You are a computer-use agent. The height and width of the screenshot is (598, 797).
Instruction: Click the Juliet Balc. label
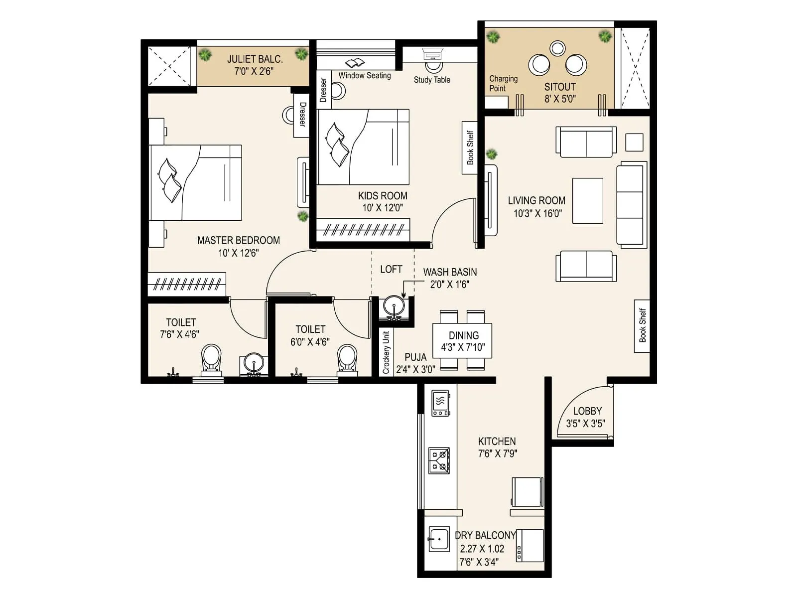[x=255, y=59]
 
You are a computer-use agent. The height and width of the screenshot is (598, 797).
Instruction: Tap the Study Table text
[x=432, y=80]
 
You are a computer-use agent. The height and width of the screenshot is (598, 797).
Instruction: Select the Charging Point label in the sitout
[x=503, y=83]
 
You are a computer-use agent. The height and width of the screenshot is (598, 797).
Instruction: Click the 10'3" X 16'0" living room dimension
[x=537, y=213]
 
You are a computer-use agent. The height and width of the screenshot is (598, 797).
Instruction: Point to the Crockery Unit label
[x=386, y=352]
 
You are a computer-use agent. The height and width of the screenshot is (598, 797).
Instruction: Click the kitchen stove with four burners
[x=439, y=460]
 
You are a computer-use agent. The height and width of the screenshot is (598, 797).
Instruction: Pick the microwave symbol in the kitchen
[x=440, y=403]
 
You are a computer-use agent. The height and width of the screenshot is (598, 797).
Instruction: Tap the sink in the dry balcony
[x=439, y=539]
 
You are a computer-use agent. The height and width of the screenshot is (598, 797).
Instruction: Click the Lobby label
[x=587, y=411]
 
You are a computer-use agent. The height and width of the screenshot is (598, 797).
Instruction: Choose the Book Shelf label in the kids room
[x=470, y=148]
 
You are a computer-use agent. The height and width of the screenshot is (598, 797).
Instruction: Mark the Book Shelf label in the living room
[x=642, y=325]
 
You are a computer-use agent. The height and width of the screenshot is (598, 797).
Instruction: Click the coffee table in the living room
[x=587, y=200]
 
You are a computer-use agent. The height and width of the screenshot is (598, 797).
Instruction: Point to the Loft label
[x=391, y=270]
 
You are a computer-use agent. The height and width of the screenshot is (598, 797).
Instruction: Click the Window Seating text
[x=365, y=75]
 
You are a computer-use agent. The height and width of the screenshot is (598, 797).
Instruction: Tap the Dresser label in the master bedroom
[x=302, y=115]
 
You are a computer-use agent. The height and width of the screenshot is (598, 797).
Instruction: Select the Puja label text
[x=415, y=357]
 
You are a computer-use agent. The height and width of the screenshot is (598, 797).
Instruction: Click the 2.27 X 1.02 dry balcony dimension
[x=482, y=549]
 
